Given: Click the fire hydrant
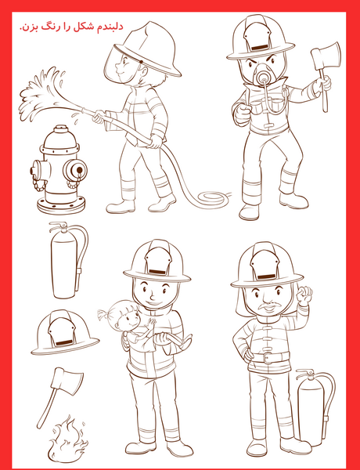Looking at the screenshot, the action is point(59,171).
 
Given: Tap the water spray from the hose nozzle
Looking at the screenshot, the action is point(45,93).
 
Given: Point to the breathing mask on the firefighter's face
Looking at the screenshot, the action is point(263,77).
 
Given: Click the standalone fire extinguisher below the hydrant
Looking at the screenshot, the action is point(67,260).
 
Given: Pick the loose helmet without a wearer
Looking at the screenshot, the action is point(65,333).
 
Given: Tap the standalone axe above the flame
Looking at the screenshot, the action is point(59,396).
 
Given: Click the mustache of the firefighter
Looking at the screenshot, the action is point(270,306).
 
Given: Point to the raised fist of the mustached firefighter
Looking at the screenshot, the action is point(304,295).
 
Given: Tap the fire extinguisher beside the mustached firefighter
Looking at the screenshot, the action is point(315,407).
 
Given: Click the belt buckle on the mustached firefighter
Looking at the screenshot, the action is point(268,358).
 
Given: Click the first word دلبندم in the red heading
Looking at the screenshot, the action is point(109,27).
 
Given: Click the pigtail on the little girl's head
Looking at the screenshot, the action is point(103,314).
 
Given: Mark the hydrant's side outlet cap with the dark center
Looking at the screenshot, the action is point(75,170).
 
